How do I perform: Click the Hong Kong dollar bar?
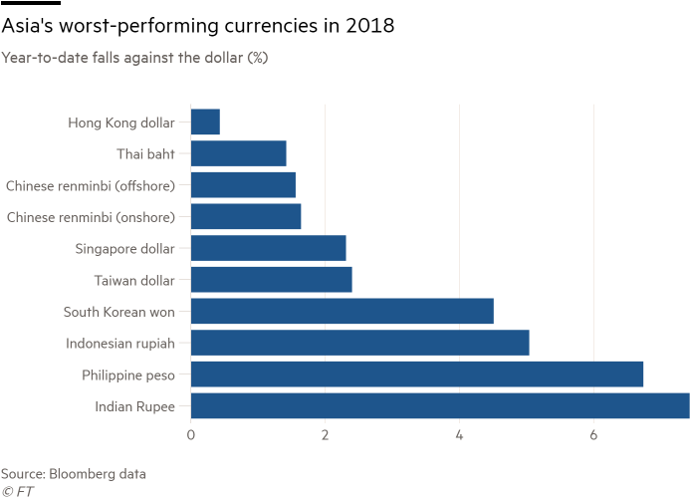205,123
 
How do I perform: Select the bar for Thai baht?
239,153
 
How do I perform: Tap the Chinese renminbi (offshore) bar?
243,185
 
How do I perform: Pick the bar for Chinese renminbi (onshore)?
246,216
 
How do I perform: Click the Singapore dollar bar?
269,248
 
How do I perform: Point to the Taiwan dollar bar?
272,279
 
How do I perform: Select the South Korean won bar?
343,311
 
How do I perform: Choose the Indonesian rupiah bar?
360,343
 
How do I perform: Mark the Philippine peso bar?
417,374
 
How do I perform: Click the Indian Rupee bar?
439,405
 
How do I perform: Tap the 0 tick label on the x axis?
191,435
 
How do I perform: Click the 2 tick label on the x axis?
326,435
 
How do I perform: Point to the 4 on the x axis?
459,435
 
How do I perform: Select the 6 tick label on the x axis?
593,435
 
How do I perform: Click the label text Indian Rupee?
134,406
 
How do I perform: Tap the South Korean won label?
118,312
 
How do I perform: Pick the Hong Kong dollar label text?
121,123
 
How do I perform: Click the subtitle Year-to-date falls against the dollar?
134,58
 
